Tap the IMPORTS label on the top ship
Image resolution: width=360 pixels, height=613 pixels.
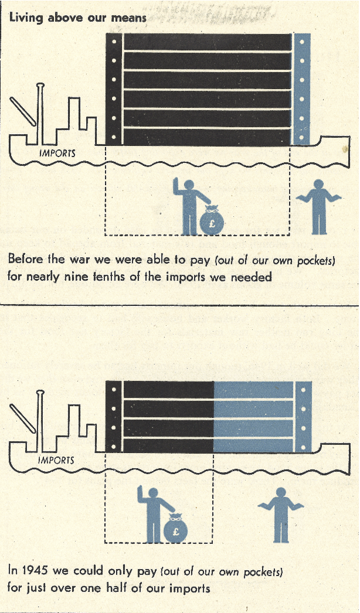[57, 154]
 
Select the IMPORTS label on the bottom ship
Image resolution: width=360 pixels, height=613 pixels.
[56, 459]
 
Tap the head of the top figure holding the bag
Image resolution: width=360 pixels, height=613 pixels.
[189, 185]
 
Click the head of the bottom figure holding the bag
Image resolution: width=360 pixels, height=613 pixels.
[153, 493]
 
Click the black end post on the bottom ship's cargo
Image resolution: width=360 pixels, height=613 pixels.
[114, 417]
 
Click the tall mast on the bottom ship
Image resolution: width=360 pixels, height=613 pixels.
[39, 421]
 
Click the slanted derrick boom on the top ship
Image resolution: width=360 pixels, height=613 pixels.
[23, 111]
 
